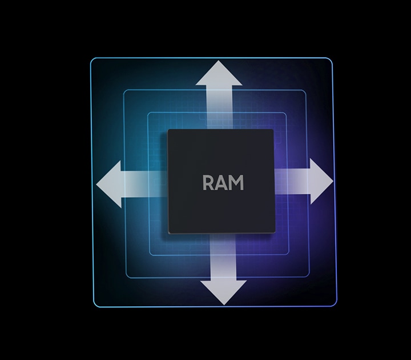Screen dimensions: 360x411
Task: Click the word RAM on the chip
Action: (223, 183)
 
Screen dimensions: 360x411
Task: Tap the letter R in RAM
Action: (208, 183)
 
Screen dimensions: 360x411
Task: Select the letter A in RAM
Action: (221, 183)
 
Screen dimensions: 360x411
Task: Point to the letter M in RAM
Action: (236, 183)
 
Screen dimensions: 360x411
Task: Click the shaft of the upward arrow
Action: (220, 109)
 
